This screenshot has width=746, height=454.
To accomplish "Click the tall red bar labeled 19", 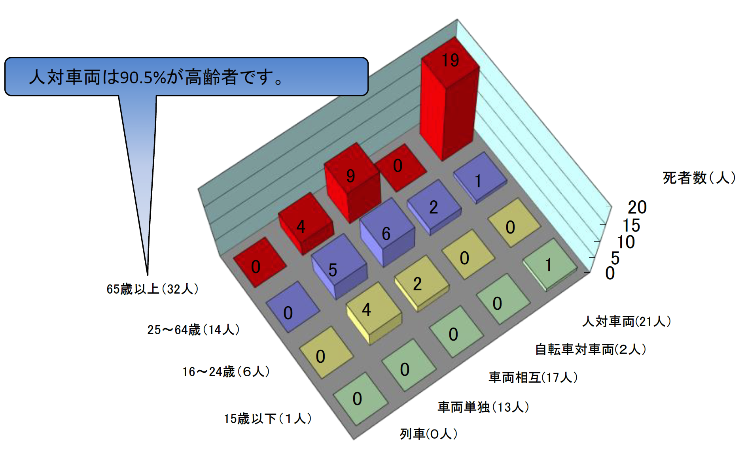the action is tap(449, 99).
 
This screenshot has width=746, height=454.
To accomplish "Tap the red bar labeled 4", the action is tap(305, 224).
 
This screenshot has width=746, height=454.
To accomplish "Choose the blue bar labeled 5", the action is tap(339, 266).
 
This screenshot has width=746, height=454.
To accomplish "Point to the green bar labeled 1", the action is tap(550, 265).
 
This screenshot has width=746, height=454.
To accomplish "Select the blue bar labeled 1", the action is tap(480, 178).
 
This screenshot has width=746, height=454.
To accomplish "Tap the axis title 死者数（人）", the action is tap(699, 178).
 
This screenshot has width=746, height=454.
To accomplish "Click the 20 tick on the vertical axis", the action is tap(637, 207).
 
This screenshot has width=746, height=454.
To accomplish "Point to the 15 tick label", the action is tap(631, 226).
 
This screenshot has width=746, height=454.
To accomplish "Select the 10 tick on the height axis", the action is tap(626, 242).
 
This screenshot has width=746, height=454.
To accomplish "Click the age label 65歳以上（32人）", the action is tap(153, 289).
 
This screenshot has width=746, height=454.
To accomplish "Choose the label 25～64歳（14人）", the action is tap(193, 330).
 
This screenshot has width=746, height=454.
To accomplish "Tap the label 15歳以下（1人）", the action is tap(268, 418).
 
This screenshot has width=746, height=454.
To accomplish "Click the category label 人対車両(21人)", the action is tap(627, 321).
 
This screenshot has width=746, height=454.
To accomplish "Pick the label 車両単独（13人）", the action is tap(483, 407).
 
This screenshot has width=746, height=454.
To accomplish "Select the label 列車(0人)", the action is tap(429, 434).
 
